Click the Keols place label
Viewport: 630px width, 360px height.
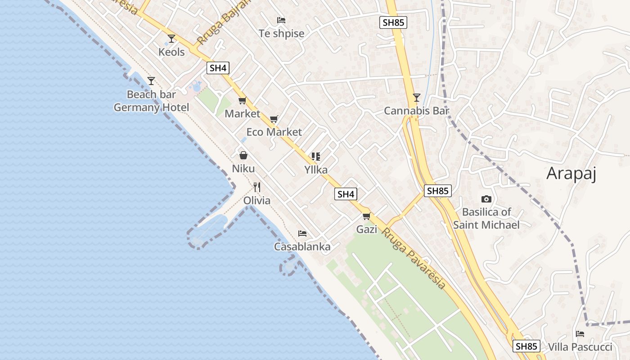[x=171, y=52]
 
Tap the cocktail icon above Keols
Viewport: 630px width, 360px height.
[x=171, y=39]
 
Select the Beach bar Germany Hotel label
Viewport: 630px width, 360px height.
[x=151, y=101]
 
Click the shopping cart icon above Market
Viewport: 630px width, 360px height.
[x=242, y=101]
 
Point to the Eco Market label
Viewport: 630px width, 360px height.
[x=274, y=132]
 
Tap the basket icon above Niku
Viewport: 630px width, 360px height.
[x=243, y=156]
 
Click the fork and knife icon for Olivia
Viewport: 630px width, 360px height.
[x=257, y=187]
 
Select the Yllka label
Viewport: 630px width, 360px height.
[x=316, y=170]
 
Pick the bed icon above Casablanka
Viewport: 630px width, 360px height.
[x=302, y=234]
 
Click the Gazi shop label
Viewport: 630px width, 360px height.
[x=367, y=229]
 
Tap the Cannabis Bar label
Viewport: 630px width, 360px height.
[x=417, y=111]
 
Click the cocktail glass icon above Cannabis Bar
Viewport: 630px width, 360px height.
[x=417, y=97]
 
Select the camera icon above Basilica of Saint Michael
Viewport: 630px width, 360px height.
[x=486, y=199]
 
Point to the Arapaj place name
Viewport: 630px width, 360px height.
[x=571, y=173]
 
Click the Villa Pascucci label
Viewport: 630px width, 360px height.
[x=580, y=347]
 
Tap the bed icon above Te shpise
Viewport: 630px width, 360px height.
[x=281, y=20]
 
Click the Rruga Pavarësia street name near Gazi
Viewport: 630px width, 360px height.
[x=414, y=258]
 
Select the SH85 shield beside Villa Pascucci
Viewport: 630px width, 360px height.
[x=526, y=346]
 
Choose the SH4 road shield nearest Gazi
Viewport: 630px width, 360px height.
[x=346, y=194]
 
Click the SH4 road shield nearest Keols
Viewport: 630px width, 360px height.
[x=218, y=68]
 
